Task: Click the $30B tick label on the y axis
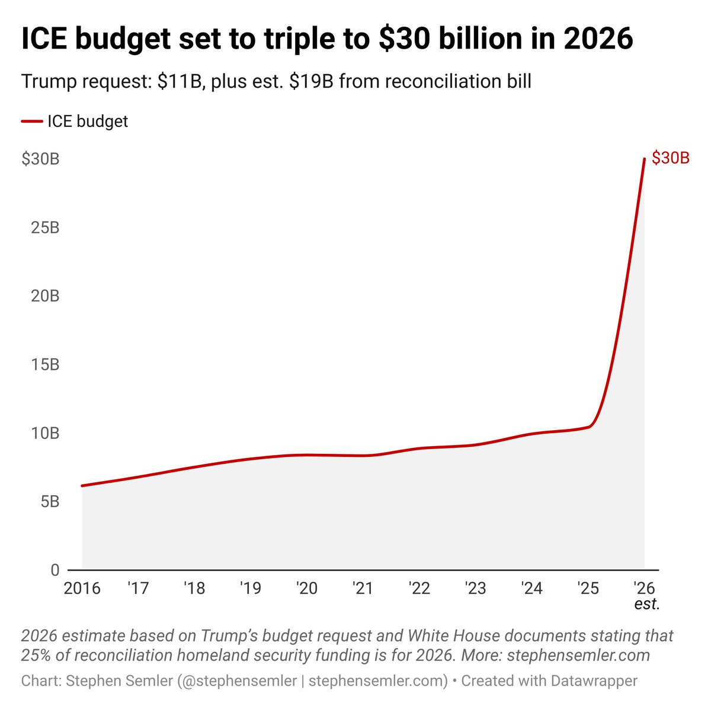[40, 159]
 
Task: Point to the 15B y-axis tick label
[45, 364]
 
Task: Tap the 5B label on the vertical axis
[50, 501]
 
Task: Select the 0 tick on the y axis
[55, 570]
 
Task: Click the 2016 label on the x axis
[82, 588]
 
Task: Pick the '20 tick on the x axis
[307, 588]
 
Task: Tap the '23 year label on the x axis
[475, 588]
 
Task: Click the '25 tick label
[588, 588]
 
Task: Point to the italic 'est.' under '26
[647, 604]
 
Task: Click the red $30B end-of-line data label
[670, 158]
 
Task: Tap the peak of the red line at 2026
[644, 159]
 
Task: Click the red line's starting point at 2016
[82, 486]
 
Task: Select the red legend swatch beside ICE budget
[31, 121]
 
